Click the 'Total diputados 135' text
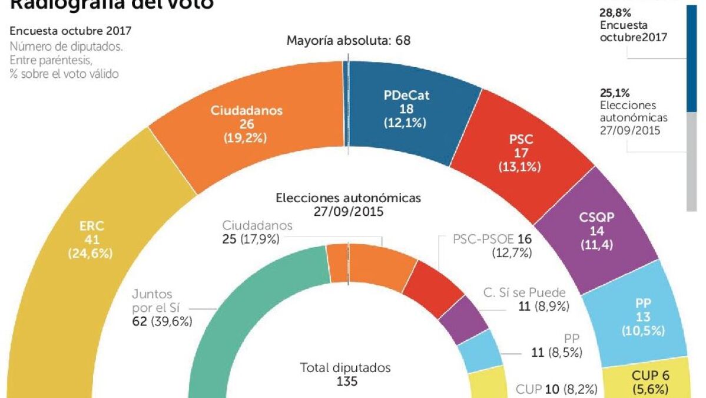pyautogui.click(x=345, y=374)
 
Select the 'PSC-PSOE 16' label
pyautogui.click(x=492, y=239)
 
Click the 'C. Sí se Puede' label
pyautogui.click(x=525, y=292)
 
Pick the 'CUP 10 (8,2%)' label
pyautogui.click(x=556, y=389)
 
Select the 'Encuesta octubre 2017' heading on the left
pyautogui.click(x=71, y=31)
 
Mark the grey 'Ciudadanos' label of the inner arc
pyautogui.click(x=257, y=226)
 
